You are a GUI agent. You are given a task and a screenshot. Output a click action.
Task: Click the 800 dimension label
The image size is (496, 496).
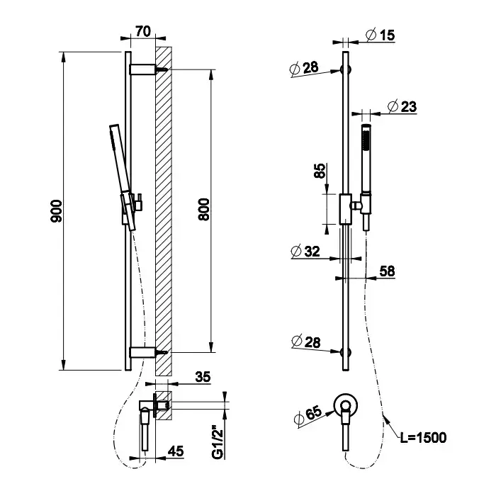pos(205,210)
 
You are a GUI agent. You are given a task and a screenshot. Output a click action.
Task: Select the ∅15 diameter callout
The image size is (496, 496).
pos(381,34)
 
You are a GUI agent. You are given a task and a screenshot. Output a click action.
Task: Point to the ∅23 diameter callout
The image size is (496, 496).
pos(402,106)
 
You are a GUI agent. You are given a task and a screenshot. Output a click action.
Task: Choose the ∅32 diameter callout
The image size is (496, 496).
pos(305,251)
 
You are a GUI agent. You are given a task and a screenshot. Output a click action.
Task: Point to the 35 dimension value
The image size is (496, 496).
pos(203,378)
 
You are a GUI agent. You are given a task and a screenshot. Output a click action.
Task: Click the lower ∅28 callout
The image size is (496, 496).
pos(305,343)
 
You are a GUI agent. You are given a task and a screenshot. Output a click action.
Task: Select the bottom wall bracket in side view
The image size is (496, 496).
pos(144,351)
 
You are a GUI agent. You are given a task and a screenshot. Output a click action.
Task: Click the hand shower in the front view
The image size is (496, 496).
pos(366,159)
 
